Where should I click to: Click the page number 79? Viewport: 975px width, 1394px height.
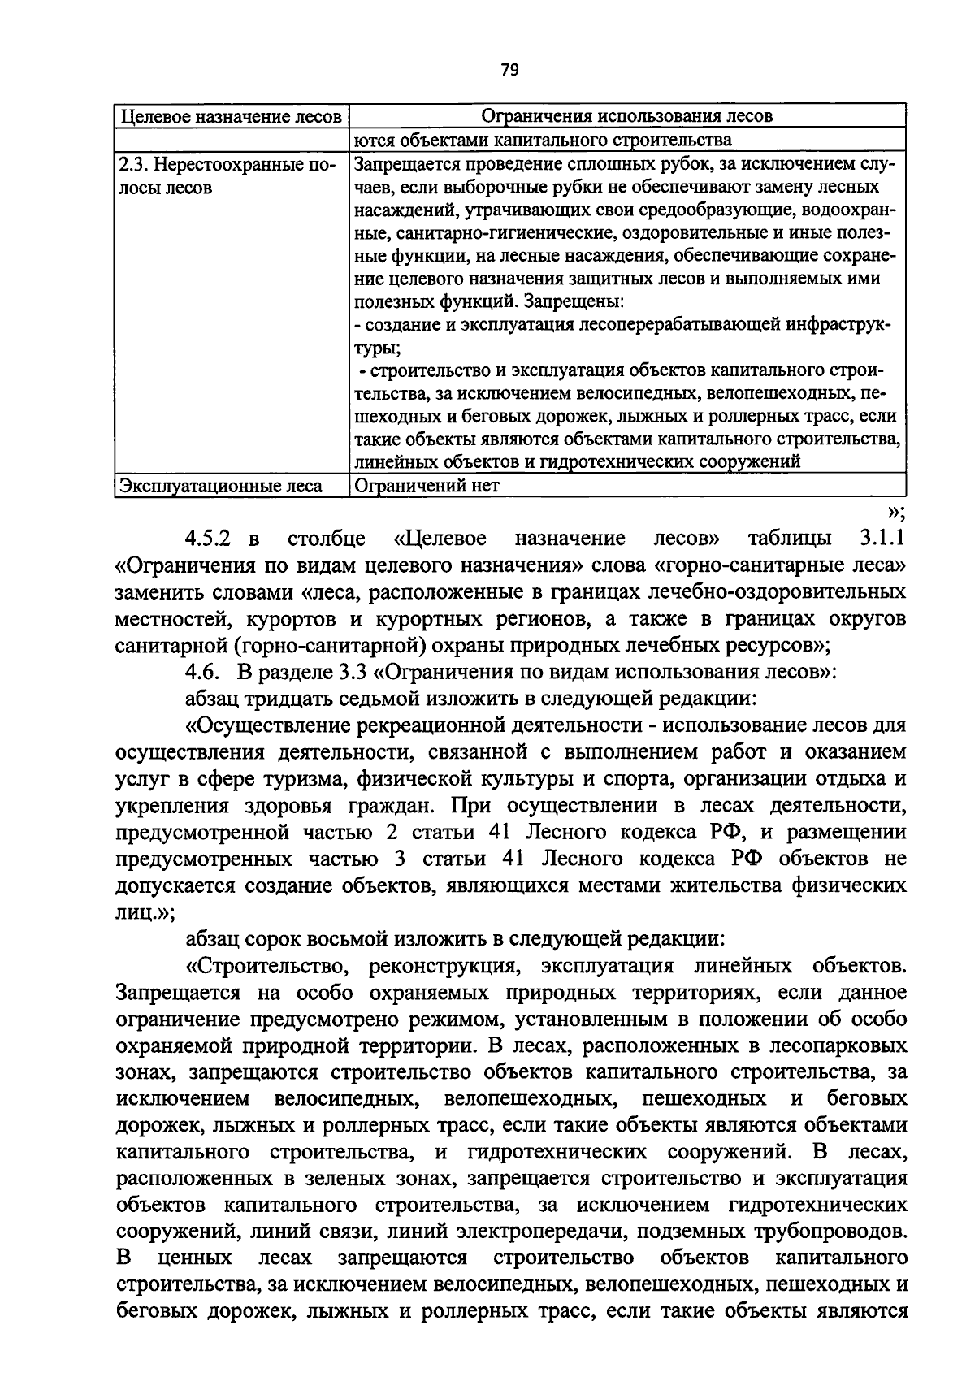point(509,70)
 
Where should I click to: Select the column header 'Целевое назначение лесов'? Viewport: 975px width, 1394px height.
point(230,116)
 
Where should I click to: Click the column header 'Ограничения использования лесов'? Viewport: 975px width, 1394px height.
point(626,116)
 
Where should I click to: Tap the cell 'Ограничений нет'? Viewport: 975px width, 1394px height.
point(427,487)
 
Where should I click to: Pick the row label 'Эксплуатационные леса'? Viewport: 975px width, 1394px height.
point(220,487)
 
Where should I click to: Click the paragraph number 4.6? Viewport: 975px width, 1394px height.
point(202,672)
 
